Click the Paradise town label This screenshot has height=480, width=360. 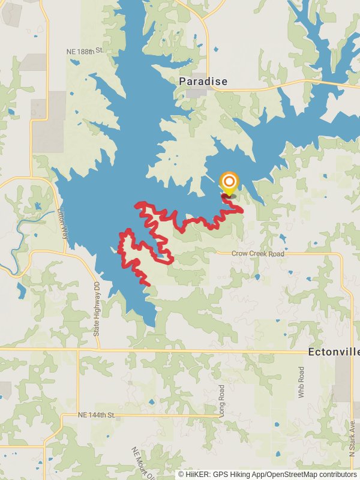point(203,81)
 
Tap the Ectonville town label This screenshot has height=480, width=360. point(333,352)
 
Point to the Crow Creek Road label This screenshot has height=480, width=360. point(258,254)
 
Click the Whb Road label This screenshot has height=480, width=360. point(301,382)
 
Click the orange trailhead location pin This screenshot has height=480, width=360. point(229,182)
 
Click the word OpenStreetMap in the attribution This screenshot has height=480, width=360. point(298,474)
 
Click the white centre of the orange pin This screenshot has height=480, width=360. point(229,180)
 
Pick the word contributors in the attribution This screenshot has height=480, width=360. point(338,474)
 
